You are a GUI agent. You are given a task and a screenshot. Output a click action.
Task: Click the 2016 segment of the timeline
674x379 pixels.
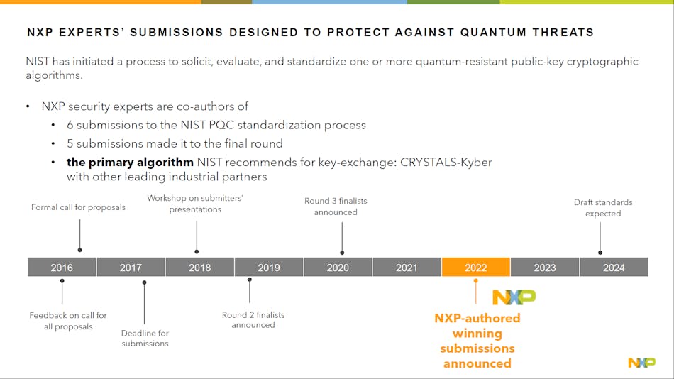pyautogui.click(x=62, y=267)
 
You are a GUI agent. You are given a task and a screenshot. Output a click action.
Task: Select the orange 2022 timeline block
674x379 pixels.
pyautogui.click(x=475, y=267)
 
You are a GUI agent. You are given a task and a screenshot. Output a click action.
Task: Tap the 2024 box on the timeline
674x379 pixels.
pyautogui.click(x=614, y=267)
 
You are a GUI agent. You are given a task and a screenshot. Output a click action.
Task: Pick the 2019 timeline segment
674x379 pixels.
pyautogui.click(x=269, y=267)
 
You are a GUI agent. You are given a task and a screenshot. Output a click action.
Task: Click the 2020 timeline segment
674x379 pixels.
pyautogui.click(x=338, y=267)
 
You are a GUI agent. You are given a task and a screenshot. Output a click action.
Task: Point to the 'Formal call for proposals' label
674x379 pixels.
pyautogui.click(x=78, y=207)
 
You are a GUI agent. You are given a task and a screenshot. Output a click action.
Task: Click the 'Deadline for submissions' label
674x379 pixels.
pyautogui.click(x=145, y=338)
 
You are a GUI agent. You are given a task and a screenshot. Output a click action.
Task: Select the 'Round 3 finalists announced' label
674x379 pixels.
pyautogui.click(x=336, y=207)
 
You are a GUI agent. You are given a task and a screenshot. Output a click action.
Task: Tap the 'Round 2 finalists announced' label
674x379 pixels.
pyautogui.click(x=253, y=319)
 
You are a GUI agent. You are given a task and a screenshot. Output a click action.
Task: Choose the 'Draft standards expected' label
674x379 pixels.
pyautogui.click(x=602, y=207)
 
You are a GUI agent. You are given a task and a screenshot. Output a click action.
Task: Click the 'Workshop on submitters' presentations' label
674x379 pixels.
pyautogui.click(x=195, y=204)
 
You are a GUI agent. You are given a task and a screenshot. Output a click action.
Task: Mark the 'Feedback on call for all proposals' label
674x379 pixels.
pyautogui.click(x=68, y=321)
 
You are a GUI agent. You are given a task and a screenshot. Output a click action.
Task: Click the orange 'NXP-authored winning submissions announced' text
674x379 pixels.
pyautogui.click(x=477, y=341)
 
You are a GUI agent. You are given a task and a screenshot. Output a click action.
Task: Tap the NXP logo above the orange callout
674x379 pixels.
pyautogui.click(x=514, y=297)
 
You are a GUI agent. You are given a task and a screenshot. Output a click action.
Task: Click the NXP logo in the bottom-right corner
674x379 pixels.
pyautogui.click(x=641, y=363)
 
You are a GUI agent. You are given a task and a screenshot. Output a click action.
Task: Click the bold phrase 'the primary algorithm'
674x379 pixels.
pyautogui.click(x=130, y=162)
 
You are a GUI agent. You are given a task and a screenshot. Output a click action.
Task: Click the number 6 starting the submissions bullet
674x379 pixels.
pyautogui.click(x=70, y=125)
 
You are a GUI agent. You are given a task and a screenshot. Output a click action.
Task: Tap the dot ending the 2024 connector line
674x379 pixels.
pyautogui.click(x=600, y=252)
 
